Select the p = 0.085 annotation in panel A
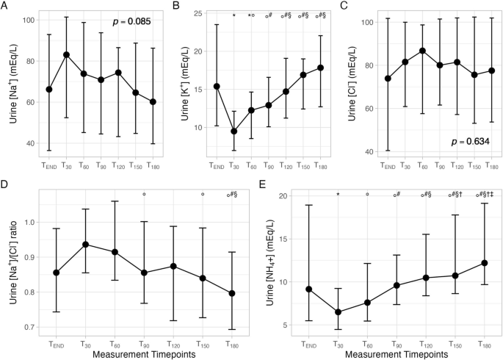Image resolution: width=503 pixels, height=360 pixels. [x=131, y=23]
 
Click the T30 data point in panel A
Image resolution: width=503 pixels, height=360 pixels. [x=66, y=54]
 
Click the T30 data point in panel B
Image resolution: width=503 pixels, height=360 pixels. [x=234, y=131]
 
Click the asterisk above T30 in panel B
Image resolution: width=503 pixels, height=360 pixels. [x=234, y=16]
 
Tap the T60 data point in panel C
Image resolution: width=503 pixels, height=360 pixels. [x=422, y=51]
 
